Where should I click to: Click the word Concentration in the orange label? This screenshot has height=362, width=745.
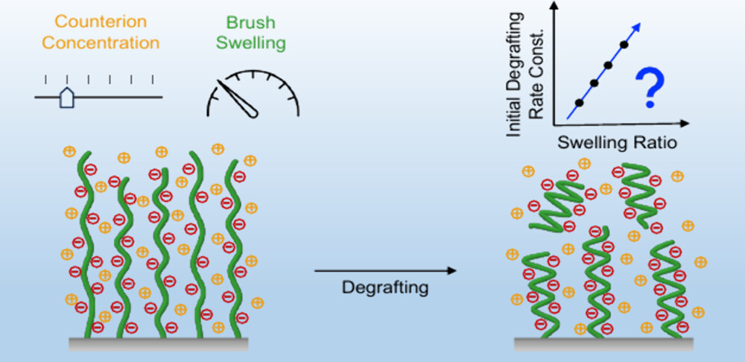coord(101,42)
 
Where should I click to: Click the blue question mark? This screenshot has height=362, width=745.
coord(650,87)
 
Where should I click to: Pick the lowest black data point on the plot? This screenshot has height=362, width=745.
coord(580,103)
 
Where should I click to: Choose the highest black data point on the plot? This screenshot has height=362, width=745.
coord(624,45)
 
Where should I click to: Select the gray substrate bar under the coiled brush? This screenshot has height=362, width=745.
coord(604,343)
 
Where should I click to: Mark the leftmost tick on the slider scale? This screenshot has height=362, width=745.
coord(46,79)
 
